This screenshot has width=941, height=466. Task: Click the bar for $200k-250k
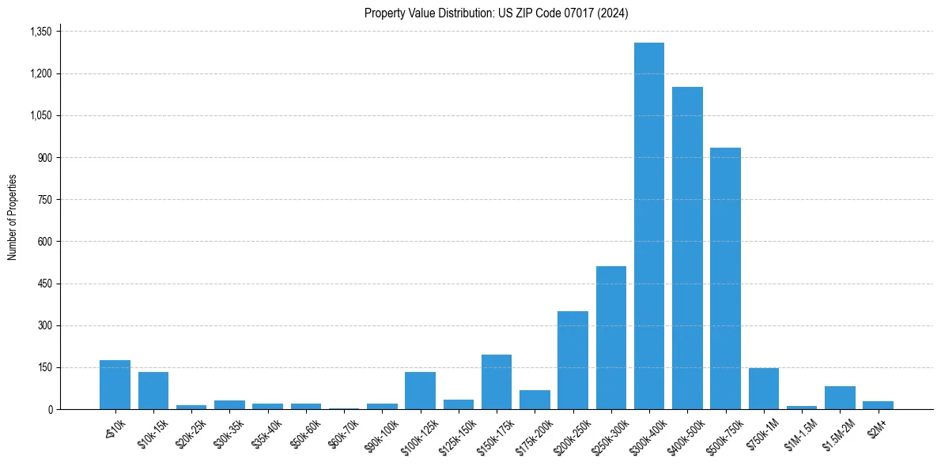(x=573, y=360)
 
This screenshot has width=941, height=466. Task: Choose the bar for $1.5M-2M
(x=840, y=397)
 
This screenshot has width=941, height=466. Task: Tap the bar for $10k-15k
(x=153, y=390)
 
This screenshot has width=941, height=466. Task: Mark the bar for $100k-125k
(x=420, y=390)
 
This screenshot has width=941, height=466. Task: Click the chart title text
(x=497, y=13)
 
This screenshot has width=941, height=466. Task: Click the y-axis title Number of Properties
(x=13, y=217)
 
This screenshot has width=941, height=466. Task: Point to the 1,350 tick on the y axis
(x=40, y=32)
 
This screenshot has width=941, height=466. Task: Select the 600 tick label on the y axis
(x=44, y=242)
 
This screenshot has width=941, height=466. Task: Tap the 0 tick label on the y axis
(x=50, y=409)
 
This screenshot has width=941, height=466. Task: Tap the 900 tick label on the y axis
(x=44, y=158)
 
